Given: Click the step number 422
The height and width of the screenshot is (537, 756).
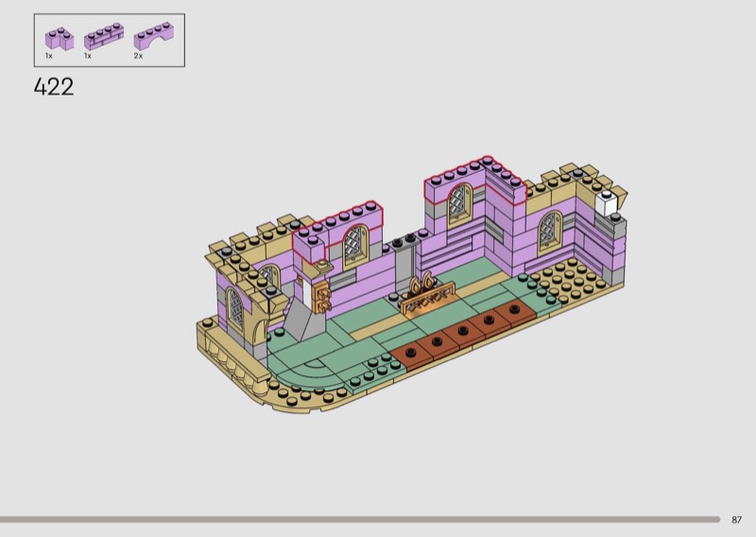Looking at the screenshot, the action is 54,87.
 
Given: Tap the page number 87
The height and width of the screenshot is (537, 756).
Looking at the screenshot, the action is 736,520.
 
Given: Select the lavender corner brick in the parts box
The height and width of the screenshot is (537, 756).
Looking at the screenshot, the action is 60,39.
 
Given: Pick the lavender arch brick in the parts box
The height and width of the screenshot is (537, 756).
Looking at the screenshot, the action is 154,36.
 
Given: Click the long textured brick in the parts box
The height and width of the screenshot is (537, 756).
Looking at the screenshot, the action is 104,37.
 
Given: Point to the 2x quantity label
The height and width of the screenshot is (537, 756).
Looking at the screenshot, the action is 138,56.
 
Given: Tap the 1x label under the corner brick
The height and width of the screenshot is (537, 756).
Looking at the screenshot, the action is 49,56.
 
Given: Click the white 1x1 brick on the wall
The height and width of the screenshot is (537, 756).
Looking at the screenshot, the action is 606,203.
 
